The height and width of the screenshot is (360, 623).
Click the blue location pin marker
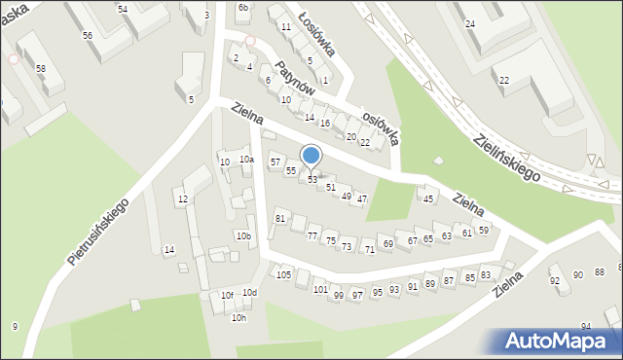click(311, 156)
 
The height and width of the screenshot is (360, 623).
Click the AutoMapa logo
click(557, 341)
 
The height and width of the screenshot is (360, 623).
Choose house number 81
click(280, 219)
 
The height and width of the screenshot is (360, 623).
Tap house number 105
click(284, 275)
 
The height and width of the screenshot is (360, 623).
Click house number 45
click(428, 199)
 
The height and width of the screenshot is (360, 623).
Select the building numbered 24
click(470, 23)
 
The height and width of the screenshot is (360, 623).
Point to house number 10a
click(246, 160)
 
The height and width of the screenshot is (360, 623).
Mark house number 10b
click(243, 236)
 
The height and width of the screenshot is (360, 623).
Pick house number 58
click(41, 69)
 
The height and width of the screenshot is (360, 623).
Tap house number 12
click(182, 199)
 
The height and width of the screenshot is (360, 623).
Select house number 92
click(555, 281)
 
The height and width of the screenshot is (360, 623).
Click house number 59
click(483, 230)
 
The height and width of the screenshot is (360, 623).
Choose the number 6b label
click(243, 8)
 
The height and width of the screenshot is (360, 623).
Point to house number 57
click(275, 162)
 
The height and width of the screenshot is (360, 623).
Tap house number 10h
click(238, 317)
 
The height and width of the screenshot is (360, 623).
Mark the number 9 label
click(15, 326)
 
